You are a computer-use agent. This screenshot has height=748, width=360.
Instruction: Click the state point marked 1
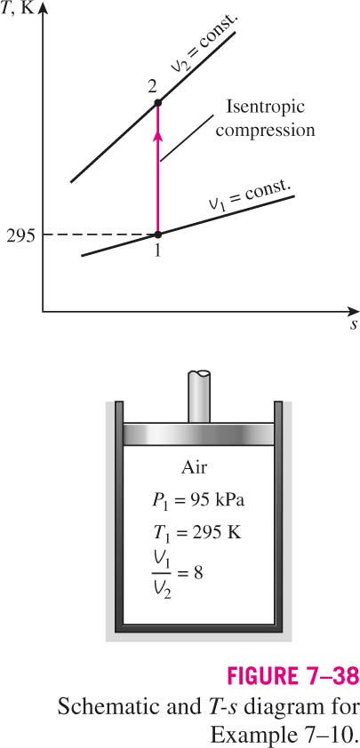point(158,235)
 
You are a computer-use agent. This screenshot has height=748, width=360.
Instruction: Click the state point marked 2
point(158,102)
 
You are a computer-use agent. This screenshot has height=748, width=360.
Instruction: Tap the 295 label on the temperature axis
point(20,235)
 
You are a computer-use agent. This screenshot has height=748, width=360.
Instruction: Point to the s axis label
point(353,325)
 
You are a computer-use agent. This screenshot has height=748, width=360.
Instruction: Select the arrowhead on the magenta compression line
point(158,136)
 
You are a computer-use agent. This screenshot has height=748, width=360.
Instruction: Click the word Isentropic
point(265,107)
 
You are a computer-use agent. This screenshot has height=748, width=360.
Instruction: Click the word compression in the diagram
point(265,130)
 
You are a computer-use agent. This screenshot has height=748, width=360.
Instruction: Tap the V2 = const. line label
point(205,44)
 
